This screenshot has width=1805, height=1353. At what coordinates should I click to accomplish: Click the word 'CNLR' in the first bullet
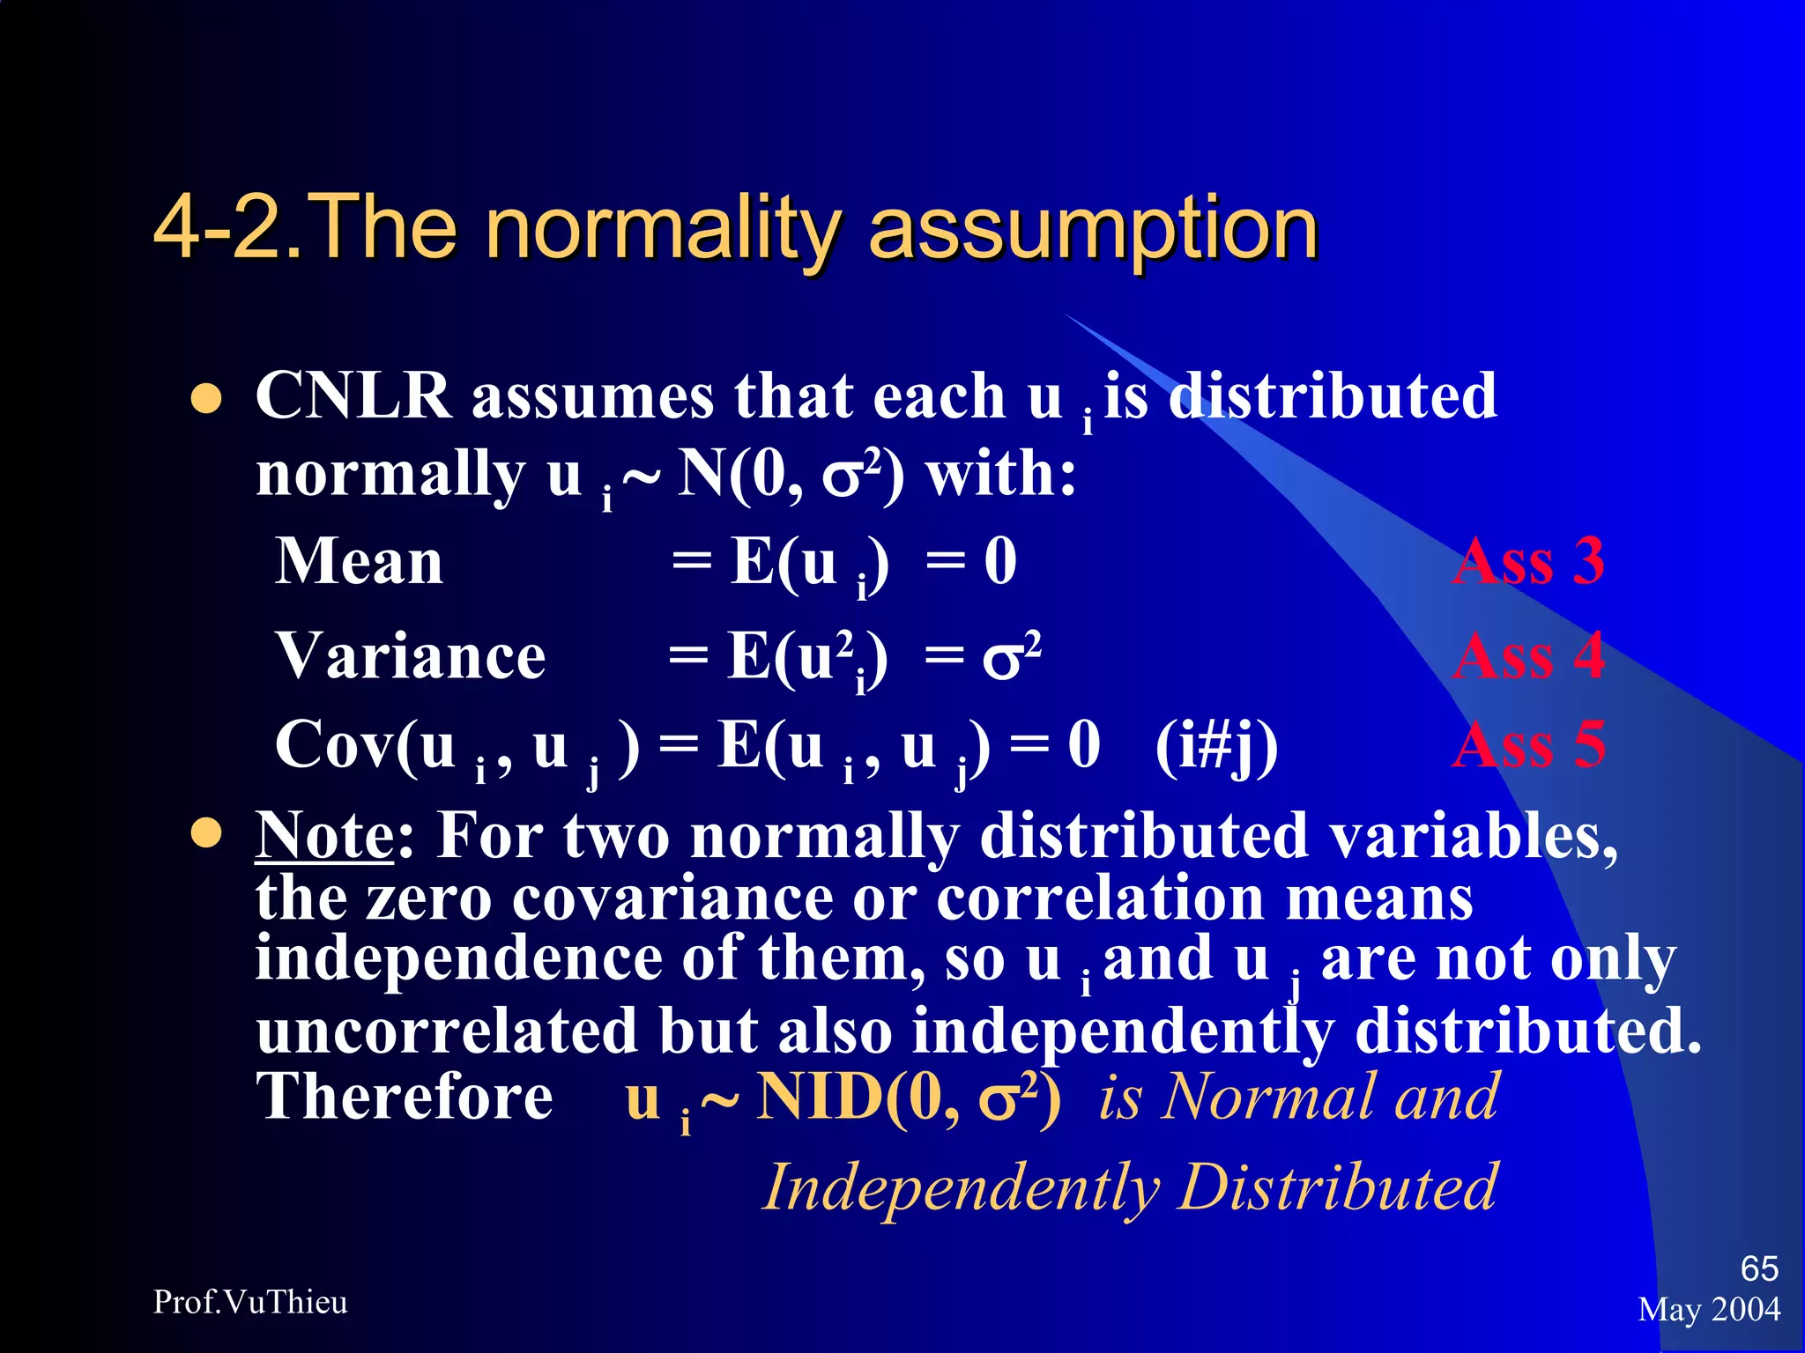pos(353,396)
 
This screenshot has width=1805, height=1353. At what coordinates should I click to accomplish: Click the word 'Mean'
pos(360,562)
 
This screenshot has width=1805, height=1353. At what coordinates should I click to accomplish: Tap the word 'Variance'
pos(411,657)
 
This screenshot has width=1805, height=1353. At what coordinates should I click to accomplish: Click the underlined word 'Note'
pos(324,835)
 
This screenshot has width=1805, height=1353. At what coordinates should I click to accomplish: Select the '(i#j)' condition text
pos(1216,747)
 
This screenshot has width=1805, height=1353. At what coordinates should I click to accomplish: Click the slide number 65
pos(1759,1268)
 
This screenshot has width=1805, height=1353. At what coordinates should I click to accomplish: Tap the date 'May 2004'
pos(1709,1310)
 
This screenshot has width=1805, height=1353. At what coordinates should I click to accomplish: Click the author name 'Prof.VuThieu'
pos(250,1302)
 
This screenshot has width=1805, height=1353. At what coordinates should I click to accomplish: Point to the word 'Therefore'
pos(405,1098)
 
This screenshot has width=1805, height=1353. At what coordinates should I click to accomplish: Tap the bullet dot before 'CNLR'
pos(206,398)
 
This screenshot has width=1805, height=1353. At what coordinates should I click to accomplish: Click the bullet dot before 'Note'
pos(206,833)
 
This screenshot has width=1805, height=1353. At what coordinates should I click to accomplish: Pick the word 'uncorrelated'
pos(447,1031)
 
